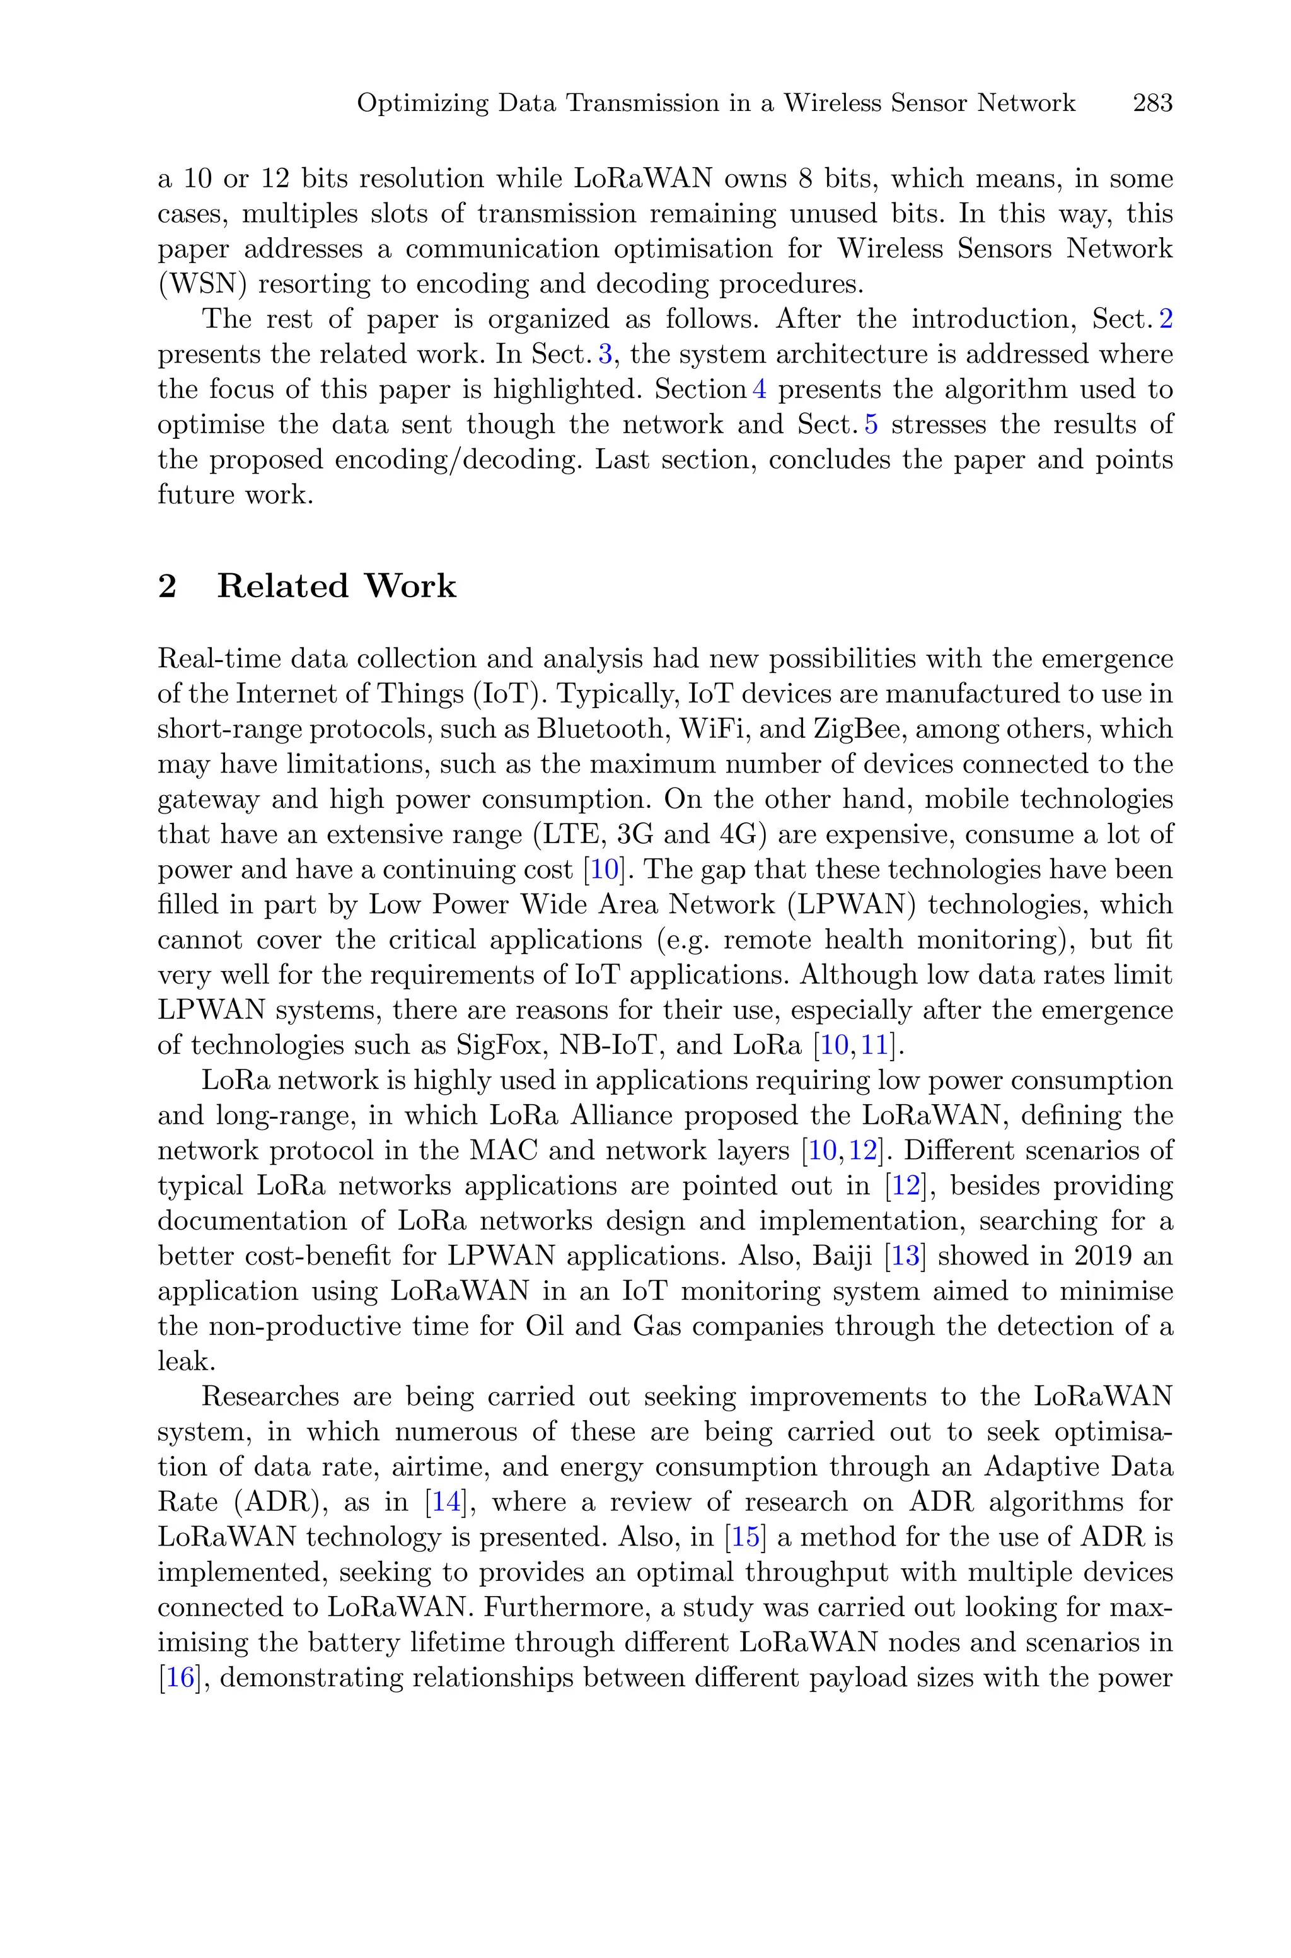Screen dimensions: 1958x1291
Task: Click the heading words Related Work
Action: click(x=336, y=586)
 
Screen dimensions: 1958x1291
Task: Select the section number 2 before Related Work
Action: click(x=167, y=586)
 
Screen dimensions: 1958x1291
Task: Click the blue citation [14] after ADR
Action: click(x=446, y=1502)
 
